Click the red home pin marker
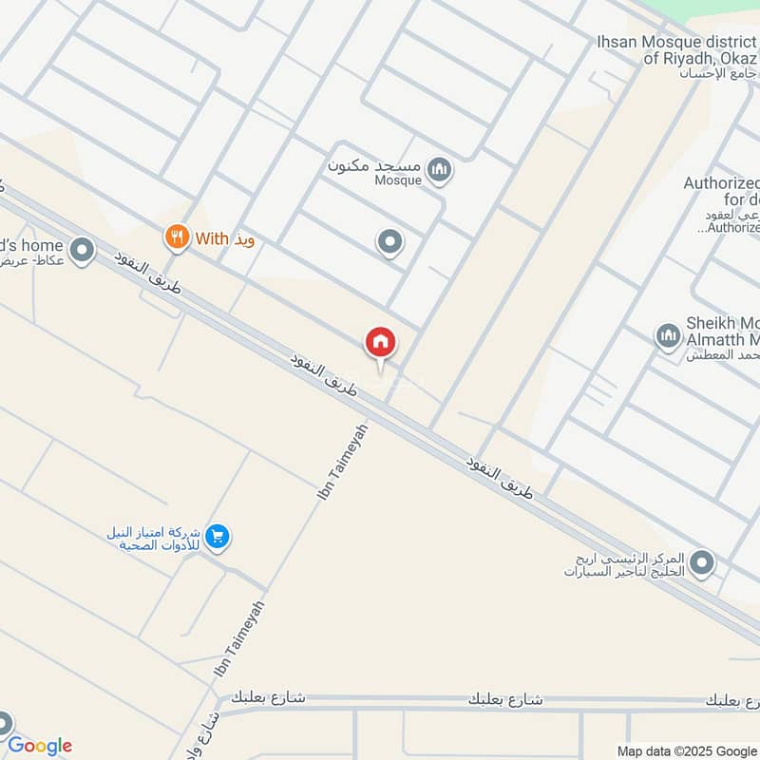click(381, 343)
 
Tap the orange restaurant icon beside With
click(176, 237)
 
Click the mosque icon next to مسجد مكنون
click(438, 171)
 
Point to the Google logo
click(40, 746)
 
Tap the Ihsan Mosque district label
click(677, 49)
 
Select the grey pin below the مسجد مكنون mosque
click(389, 243)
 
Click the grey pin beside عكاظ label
click(83, 252)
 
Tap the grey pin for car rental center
click(702, 563)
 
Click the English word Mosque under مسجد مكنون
click(398, 180)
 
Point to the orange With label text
click(212, 238)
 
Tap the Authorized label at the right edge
click(722, 204)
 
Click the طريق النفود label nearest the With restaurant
click(146, 272)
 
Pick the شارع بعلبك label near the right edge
click(732, 700)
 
